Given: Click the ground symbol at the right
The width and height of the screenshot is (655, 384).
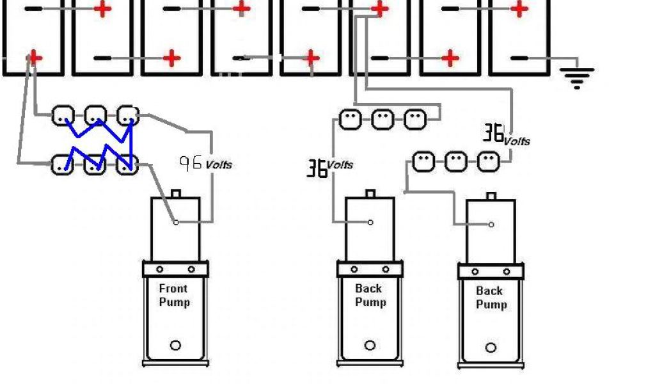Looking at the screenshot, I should pos(576,76).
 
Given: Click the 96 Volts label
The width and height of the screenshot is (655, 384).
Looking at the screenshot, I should pos(205,163).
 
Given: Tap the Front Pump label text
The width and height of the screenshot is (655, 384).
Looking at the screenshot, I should pos(174,295).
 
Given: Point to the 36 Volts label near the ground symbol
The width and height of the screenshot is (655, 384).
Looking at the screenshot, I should pos(505,135).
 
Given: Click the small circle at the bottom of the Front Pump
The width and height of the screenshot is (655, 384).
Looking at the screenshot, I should pos(175,346).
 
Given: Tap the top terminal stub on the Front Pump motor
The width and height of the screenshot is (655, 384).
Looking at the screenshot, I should pos(177,193).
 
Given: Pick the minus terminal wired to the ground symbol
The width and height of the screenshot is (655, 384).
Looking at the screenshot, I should pos(519,58).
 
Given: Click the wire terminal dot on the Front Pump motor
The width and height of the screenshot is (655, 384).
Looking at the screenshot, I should pos(177,222).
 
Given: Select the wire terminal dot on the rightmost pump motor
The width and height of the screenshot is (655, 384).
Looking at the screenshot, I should pos(491,224).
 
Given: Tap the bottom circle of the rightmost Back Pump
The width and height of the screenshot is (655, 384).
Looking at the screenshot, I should pos(491,348).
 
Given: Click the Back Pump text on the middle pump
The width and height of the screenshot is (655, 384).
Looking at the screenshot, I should pos(370,295).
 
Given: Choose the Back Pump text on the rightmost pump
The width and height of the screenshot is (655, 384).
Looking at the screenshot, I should pos(491,298).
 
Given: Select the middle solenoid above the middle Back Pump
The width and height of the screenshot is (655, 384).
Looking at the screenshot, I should pos(383,119).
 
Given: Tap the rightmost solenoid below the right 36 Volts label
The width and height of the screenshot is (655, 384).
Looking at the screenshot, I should pos(489,162).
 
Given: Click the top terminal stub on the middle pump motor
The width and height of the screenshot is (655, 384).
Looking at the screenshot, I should pos(370,193).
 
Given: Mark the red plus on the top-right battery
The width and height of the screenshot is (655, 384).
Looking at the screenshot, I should pos(520,9).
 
